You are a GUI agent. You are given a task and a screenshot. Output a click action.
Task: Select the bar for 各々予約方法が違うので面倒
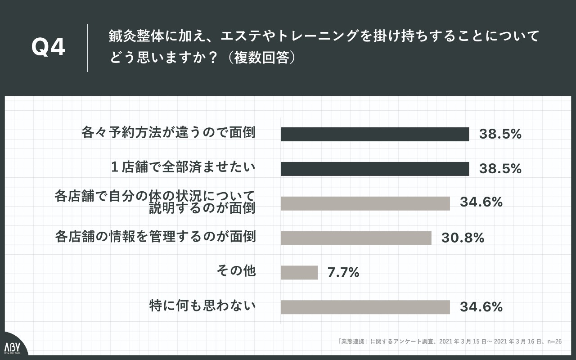coord(375,134)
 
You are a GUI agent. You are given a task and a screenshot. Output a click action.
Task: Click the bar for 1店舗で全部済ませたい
coord(375,169)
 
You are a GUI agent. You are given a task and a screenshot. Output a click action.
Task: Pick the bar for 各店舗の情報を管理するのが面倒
coord(356,238)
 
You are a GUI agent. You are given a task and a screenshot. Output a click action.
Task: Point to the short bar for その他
coord(299,272)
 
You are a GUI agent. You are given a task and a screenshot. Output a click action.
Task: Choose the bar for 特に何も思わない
coord(365,307)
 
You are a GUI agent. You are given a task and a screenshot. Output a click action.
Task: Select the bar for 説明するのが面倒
coord(365,203)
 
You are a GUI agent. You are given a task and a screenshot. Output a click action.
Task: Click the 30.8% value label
coord(463,238)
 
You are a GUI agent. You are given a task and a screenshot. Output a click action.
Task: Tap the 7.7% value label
coord(343,272)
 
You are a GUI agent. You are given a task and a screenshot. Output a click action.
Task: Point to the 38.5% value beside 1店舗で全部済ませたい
coord(500,169)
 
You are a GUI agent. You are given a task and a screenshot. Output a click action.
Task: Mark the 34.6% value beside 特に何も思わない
coord(481,307)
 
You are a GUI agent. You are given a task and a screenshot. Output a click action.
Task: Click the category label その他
coord(237,271)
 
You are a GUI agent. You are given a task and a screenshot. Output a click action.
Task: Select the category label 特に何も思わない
coord(202,306)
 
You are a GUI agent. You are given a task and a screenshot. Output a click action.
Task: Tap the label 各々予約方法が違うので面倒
coord(168,133)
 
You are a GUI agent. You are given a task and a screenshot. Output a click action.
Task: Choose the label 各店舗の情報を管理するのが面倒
coord(155,236)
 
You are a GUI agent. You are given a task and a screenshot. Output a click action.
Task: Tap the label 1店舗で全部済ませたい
coord(183,167)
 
